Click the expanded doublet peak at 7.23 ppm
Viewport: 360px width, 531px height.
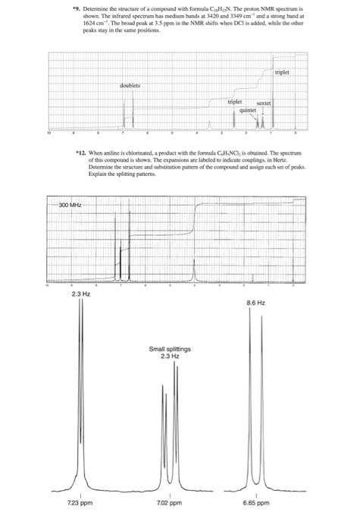click(x=81, y=394)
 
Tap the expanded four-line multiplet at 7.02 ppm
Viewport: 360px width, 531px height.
click(x=171, y=425)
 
